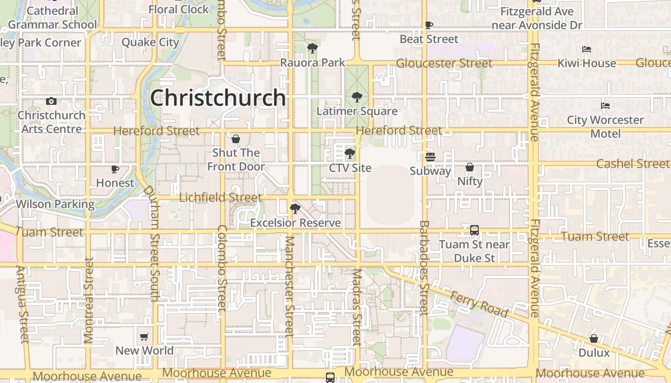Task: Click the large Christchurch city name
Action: (x=218, y=98)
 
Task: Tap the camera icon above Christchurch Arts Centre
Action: (x=51, y=101)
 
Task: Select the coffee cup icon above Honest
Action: (x=115, y=169)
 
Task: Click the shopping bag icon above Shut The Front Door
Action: (x=236, y=139)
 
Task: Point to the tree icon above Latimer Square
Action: (x=357, y=97)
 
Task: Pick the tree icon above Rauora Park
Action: (x=312, y=48)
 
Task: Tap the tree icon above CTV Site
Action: (x=350, y=154)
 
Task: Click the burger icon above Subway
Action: (x=430, y=157)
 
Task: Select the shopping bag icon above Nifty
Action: (x=470, y=167)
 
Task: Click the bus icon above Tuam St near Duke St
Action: (x=474, y=230)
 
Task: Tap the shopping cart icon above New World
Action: (x=144, y=337)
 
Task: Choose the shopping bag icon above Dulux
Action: (x=594, y=338)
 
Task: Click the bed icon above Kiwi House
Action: (x=587, y=49)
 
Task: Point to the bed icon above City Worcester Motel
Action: (x=605, y=106)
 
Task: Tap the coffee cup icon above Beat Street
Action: (x=429, y=25)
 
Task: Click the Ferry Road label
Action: (x=479, y=304)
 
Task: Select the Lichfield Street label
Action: (x=220, y=197)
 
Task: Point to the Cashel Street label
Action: (x=632, y=164)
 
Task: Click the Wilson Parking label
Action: (x=55, y=204)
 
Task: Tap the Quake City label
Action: (x=150, y=42)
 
